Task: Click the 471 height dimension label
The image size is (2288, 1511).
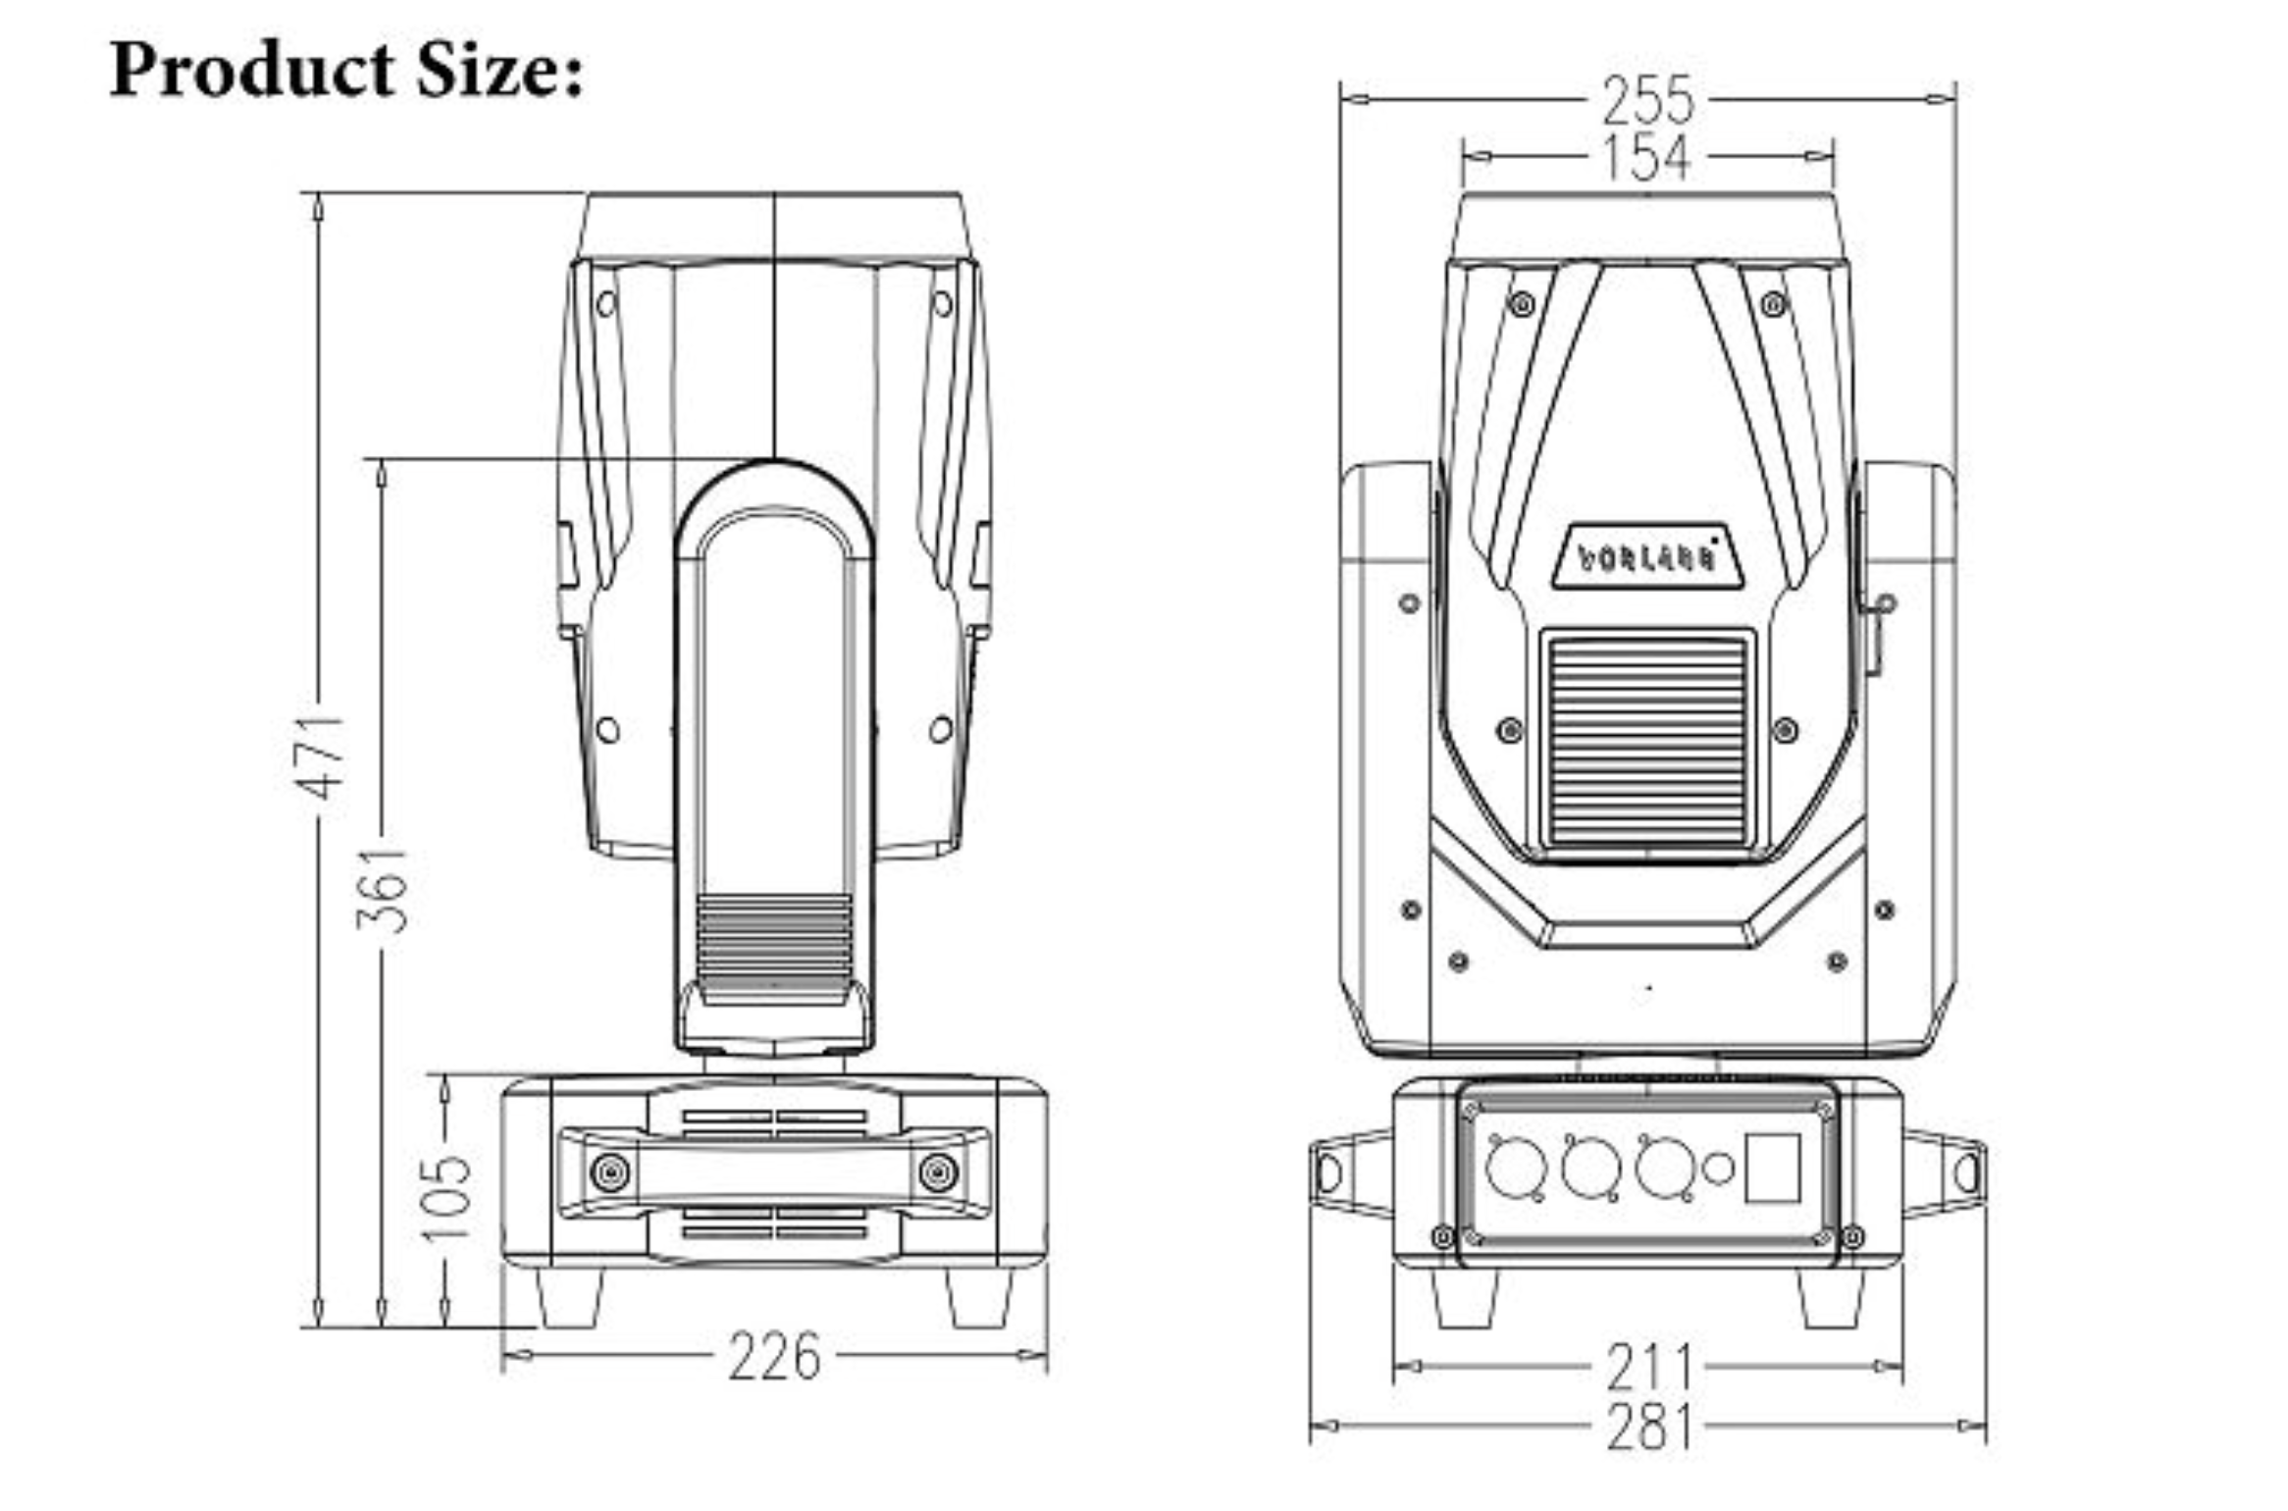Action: [x=322, y=757]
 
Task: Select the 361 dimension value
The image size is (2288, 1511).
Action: [x=382, y=889]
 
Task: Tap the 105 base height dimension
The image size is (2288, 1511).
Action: [x=446, y=1199]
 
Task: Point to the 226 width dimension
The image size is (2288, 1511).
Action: [x=774, y=1357]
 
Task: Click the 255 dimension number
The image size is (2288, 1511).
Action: [x=1647, y=100]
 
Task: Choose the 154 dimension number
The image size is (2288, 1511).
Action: [x=1647, y=157]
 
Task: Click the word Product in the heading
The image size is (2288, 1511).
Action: [x=251, y=71]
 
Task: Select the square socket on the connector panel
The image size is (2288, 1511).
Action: [x=1773, y=1168]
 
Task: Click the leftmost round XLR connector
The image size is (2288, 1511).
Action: [x=1516, y=1168]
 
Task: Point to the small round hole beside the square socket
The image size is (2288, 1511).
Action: [x=1718, y=1168]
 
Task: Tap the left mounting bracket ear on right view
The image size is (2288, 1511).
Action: [x=1349, y=1173]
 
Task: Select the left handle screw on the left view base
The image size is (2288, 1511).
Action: [x=610, y=1172]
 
